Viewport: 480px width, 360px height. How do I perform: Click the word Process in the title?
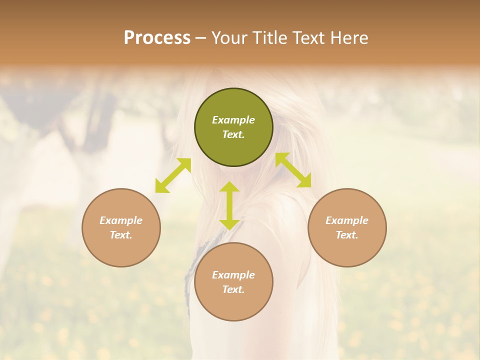point(157,38)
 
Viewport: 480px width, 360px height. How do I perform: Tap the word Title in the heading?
point(270,38)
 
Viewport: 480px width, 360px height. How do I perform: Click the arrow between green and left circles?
point(173,175)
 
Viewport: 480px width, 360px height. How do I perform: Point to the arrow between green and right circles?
point(293,170)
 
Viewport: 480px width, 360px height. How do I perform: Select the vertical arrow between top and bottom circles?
point(229,205)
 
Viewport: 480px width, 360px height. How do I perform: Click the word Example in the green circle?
point(233,120)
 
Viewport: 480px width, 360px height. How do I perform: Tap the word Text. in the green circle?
point(233,134)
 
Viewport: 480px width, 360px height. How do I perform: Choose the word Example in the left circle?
point(121,220)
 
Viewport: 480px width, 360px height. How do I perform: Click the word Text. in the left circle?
point(121,235)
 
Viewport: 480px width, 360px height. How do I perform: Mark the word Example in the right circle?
point(347,220)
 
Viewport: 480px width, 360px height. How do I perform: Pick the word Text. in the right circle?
point(347,235)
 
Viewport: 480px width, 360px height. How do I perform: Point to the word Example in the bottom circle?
point(233,275)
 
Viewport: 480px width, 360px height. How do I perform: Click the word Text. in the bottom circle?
point(233,289)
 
